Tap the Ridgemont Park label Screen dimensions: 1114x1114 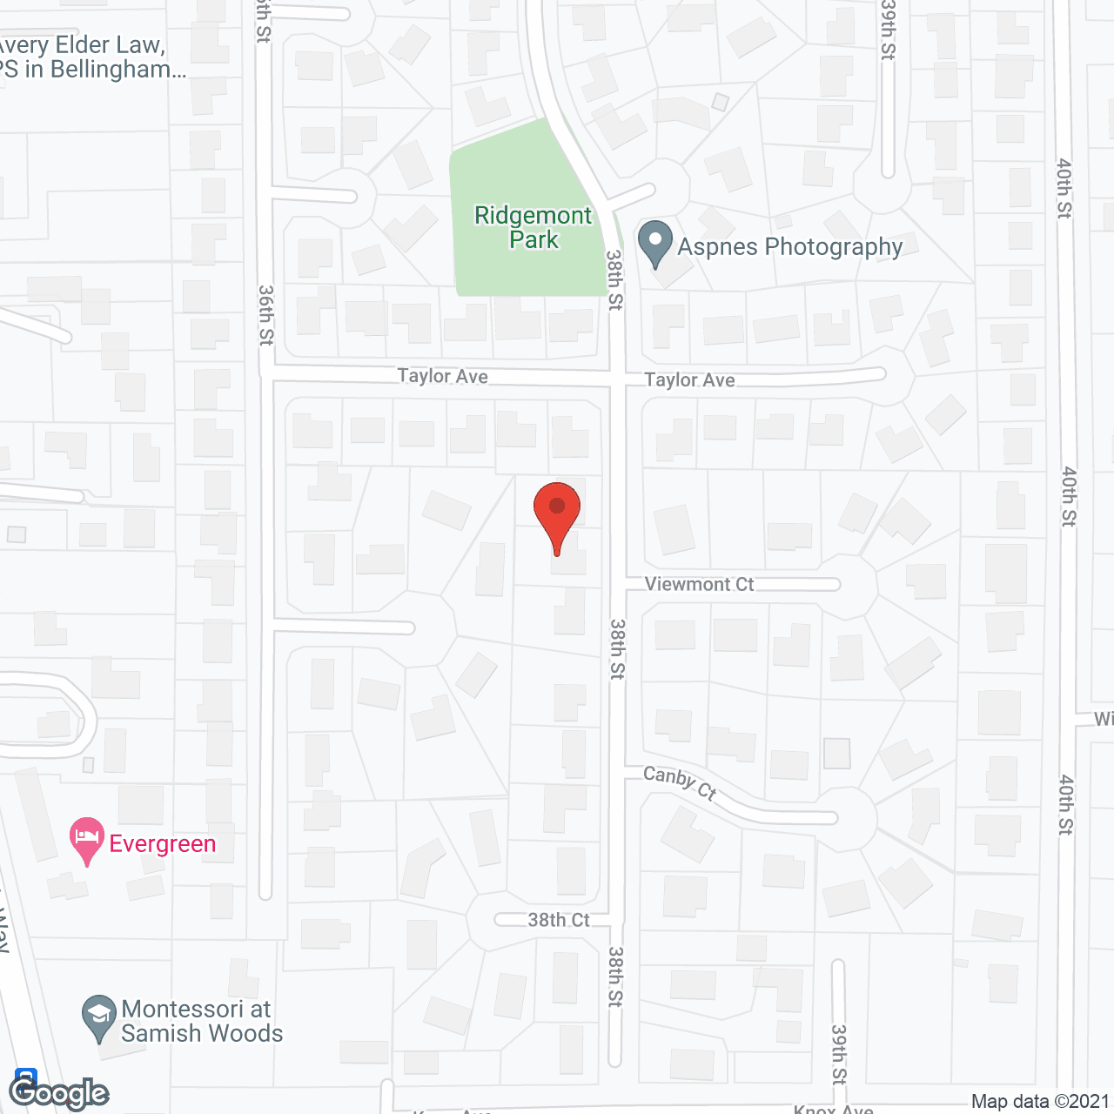(x=533, y=227)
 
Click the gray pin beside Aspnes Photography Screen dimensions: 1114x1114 (x=655, y=245)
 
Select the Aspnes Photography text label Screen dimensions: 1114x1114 (x=790, y=247)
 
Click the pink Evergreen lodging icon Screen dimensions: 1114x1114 (x=87, y=841)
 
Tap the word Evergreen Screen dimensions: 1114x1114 (x=163, y=843)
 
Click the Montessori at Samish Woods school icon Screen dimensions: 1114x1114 (x=99, y=1018)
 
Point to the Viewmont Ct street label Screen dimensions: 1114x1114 (x=699, y=584)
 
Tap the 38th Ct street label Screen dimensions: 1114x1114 (x=559, y=920)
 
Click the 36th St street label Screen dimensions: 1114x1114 (x=266, y=315)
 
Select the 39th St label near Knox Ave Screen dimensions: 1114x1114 (x=838, y=1054)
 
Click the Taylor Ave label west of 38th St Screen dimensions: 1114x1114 (x=442, y=376)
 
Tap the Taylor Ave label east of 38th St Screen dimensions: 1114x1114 (x=689, y=379)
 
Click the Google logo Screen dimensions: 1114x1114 (x=59, y=1092)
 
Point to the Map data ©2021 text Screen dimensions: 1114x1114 (x=1040, y=1102)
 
